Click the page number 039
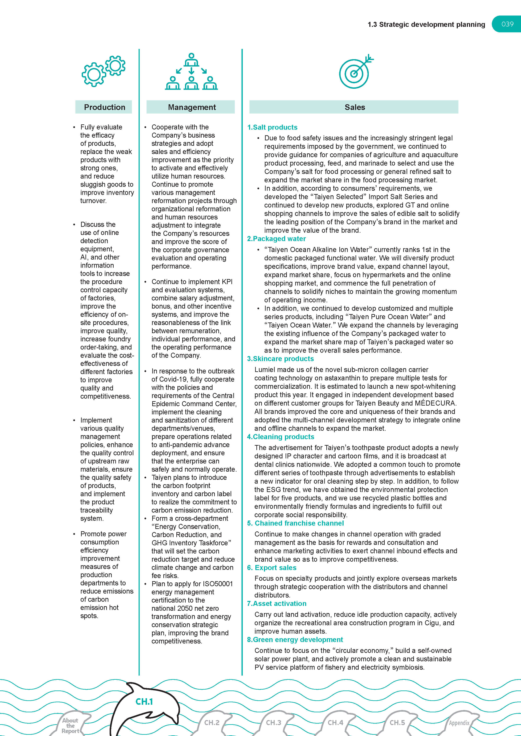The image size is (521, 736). (x=507, y=24)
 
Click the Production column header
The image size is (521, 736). (x=104, y=107)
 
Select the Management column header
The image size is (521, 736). (x=192, y=107)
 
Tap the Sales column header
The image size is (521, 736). (x=354, y=107)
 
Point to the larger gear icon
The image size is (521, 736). (x=94, y=74)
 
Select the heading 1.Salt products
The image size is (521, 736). (x=272, y=127)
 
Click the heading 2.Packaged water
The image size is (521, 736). (x=276, y=239)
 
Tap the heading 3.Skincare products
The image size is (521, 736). (x=280, y=359)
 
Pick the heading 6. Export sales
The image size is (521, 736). (x=272, y=568)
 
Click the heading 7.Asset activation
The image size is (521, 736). (x=277, y=604)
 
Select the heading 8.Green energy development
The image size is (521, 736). (x=295, y=640)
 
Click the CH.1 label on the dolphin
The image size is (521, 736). (x=144, y=702)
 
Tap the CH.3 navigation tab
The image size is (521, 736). (x=273, y=723)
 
